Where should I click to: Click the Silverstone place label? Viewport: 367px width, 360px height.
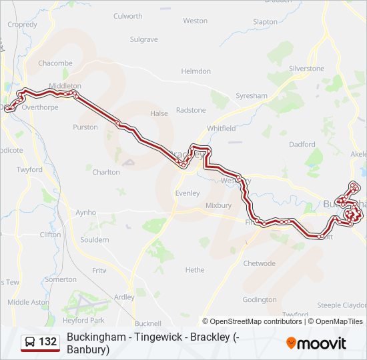306,69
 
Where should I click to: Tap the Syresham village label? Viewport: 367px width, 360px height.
251,96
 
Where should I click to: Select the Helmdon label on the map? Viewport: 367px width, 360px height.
196,71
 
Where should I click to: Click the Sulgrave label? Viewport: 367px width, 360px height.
143,40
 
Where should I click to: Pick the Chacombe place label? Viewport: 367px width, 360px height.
55,63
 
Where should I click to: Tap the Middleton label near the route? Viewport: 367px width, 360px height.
65,86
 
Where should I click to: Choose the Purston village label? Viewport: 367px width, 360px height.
85,127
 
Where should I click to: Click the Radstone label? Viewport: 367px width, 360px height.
191,110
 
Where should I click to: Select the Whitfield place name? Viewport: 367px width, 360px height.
222,128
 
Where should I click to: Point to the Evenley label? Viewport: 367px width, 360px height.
187,193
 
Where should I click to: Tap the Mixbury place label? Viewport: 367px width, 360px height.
218,205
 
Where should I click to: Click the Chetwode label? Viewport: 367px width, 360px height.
259,263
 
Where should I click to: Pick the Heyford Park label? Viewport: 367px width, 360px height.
84,321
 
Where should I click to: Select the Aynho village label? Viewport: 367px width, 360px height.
85,213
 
